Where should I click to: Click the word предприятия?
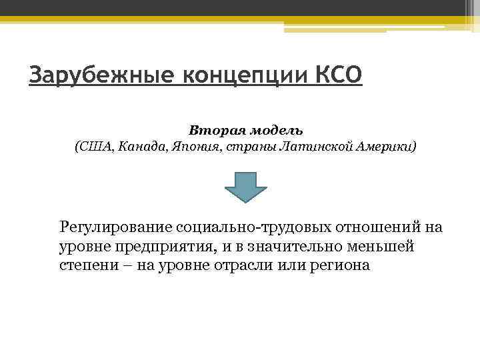click(x=158, y=247)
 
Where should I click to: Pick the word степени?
click(x=85, y=265)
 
